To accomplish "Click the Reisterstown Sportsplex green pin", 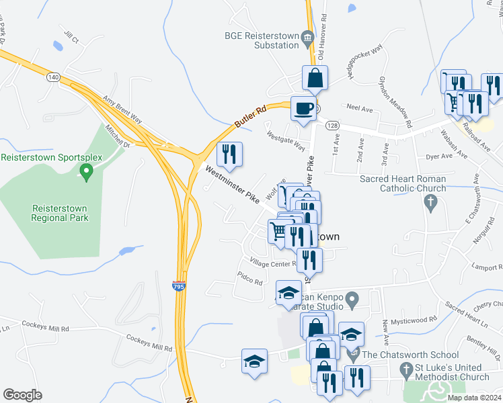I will [x=85, y=173].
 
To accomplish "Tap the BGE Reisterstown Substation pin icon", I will [x=308, y=36].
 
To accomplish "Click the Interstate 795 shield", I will [x=178, y=287].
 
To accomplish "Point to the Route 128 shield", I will [x=333, y=126].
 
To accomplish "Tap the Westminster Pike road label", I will [x=232, y=185].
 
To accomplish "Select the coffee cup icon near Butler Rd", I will [x=303, y=108].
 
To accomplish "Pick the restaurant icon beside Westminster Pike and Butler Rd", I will [x=229, y=154].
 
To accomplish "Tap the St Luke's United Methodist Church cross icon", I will [x=405, y=369].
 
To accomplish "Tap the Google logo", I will [x=22, y=395].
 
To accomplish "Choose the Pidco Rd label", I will [x=249, y=278].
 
